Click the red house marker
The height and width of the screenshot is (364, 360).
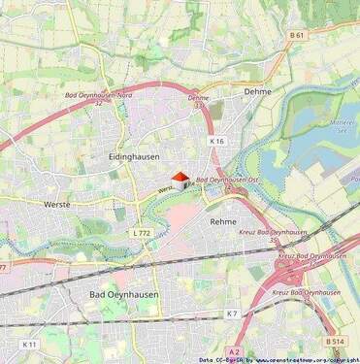pos(180,181)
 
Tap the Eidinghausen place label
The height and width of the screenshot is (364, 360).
pos(128,155)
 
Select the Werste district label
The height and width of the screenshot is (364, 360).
pos(57,205)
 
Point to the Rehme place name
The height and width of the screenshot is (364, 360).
pos(223,221)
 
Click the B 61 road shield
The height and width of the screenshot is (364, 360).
pos(297,35)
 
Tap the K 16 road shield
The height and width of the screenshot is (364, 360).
pos(216,141)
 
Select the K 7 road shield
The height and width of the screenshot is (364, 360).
pos(232,314)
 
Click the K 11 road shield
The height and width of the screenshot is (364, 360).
pos(30,345)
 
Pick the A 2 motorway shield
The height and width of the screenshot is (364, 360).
pos(234,351)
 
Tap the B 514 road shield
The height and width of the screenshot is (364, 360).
pos(335,342)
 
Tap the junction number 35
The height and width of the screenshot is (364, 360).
pos(275,240)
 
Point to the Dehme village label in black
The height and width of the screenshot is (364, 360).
pos(258,91)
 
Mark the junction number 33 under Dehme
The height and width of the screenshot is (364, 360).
pos(199,106)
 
